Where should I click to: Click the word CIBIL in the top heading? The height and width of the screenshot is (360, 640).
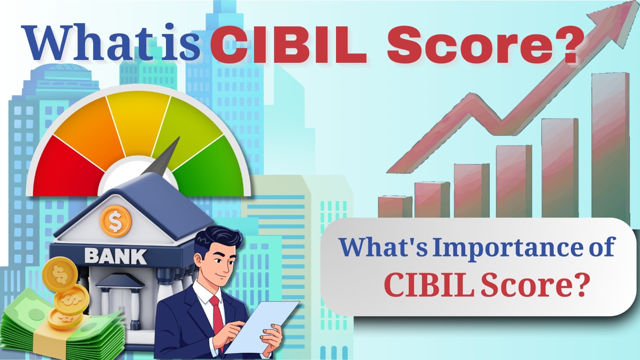pos(288,45)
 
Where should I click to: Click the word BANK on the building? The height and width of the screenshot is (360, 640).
pos(116,256)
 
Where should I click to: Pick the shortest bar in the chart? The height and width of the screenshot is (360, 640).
pos(394,206)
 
